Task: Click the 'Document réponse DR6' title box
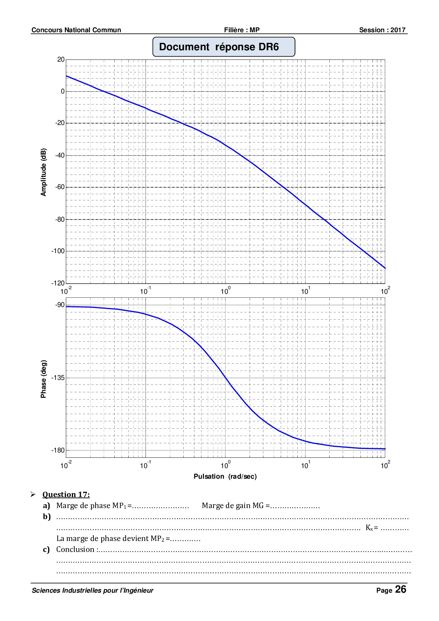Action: click(x=224, y=47)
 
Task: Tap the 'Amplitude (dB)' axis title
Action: click(x=44, y=171)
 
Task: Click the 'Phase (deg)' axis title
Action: click(x=44, y=379)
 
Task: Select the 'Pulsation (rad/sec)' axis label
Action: click(x=225, y=477)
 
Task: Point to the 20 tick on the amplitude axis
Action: click(x=61, y=59)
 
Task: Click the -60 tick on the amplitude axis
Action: click(x=60, y=187)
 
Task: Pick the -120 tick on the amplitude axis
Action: click(x=58, y=283)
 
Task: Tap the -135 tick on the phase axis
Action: click(x=58, y=378)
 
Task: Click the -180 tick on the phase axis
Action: click(x=58, y=450)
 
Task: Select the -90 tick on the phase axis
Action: click(x=60, y=305)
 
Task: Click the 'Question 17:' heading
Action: click(x=66, y=495)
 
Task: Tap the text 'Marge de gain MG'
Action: click(x=233, y=506)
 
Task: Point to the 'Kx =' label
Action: click(x=372, y=528)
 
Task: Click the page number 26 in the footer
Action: click(x=401, y=589)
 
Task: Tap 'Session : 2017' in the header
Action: click(x=382, y=30)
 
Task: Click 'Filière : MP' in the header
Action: click(x=242, y=30)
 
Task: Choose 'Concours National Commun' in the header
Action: click(x=76, y=30)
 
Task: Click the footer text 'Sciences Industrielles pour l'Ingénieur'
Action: click(x=93, y=590)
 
